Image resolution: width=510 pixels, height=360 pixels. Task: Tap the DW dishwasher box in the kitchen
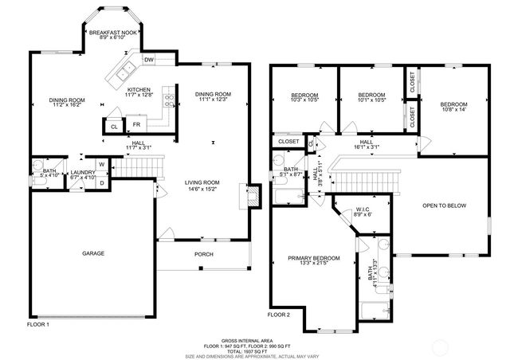pyautogui.click(x=149, y=60)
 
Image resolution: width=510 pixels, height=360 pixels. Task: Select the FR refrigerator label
pyautogui.click(x=136, y=125)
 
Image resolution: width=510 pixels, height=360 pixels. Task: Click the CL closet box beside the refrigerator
pyautogui.click(x=113, y=126)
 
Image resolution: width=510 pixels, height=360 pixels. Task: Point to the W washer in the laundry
pyautogui.click(x=101, y=165)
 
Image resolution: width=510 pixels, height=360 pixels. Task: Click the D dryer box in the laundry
pyautogui.click(x=101, y=182)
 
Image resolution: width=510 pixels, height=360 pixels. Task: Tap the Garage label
pyautogui.click(x=93, y=253)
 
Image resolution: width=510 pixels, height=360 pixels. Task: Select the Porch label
pyautogui.click(x=203, y=254)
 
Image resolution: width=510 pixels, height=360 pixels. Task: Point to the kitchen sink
pyautogui.click(x=126, y=74)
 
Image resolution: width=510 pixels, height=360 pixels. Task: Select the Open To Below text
pyautogui.click(x=444, y=205)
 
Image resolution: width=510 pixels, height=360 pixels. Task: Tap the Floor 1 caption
pyautogui.click(x=38, y=324)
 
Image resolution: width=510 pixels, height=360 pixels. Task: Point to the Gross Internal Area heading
pyautogui.click(x=254, y=338)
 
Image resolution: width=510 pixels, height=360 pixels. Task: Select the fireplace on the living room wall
pyautogui.click(x=253, y=197)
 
